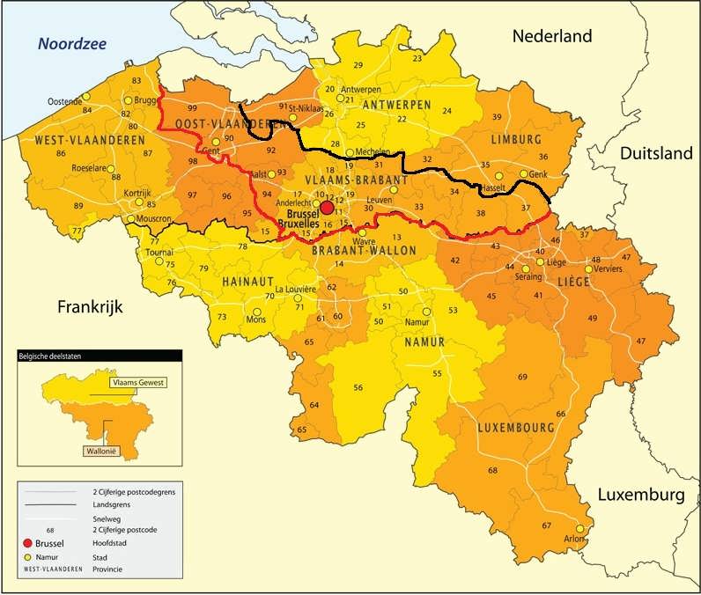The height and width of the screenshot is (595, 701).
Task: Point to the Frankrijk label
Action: click(87, 307)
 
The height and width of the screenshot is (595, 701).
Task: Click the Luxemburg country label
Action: click(640, 496)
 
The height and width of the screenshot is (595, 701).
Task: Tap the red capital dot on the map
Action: click(327, 208)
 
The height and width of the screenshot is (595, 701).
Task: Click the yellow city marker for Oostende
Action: click(86, 98)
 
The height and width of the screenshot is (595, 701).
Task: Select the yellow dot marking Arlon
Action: click(579, 530)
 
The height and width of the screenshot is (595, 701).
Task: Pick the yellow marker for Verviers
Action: click(589, 269)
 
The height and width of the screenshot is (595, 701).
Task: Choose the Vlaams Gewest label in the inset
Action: click(138, 383)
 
